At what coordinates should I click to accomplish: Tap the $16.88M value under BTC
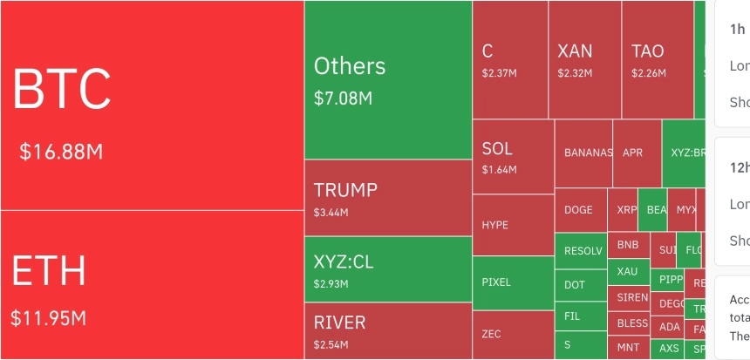click(61, 152)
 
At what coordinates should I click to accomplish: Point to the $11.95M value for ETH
click(48, 318)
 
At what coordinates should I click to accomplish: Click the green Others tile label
click(349, 66)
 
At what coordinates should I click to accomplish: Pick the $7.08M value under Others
click(343, 98)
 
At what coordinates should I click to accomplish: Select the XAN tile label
click(575, 51)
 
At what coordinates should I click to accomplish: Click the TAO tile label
click(647, 51)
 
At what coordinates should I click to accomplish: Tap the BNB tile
click(628, 245)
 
